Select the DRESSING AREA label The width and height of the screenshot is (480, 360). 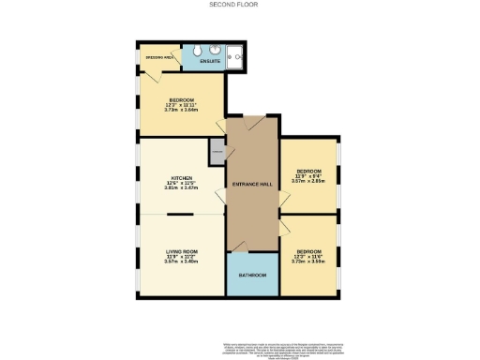tap(157, 57)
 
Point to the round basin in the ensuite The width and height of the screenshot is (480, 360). tap(215, 50)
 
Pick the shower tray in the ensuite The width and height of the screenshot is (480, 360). tap(236, 57)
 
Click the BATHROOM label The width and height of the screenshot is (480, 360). tap(252, 275)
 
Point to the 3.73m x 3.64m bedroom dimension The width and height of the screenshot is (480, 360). tap(182, 110)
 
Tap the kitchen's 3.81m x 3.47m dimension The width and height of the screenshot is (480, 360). tap(182, 187)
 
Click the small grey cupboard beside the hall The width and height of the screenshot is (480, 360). tap(217, 149)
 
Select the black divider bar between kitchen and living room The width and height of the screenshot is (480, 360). tap(181, 215)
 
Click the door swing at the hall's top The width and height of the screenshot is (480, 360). tap(253, 124)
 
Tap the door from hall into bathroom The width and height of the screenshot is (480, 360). tap(239, 247)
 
